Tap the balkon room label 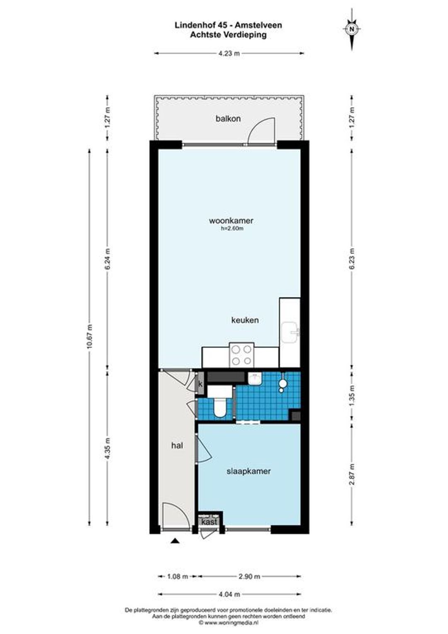point(228,119)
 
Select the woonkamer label point(231,220)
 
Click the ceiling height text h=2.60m point(232,229)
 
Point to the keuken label point(245,320)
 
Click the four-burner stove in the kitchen point(242,355)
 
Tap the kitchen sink point(291,333)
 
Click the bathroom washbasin point(255,378)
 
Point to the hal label point(177,446)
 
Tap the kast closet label point(209,522)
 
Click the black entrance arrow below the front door point(175,541)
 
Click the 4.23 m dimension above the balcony point(229,54)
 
